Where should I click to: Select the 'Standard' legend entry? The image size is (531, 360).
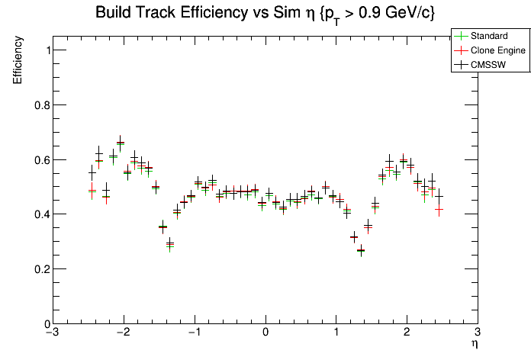(489, 36)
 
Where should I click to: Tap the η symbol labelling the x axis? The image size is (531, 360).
(474, 345)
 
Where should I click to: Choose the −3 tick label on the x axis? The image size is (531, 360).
(52, 333)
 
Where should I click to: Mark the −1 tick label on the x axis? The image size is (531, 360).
(194, 333)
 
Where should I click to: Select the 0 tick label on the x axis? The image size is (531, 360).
(265, 333)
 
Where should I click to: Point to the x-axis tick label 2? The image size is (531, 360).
(407, 333)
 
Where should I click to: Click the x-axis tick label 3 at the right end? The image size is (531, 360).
(477, 333)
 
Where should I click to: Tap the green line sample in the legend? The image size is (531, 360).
(460, 36)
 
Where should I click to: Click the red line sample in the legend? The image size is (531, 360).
(460, 50)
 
